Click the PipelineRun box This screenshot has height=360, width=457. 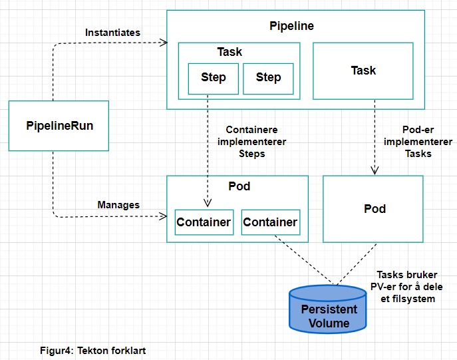click(x=59, y=125)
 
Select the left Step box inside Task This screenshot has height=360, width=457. click(x=213, y=78)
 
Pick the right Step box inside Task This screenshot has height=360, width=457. click(x=268, y=78)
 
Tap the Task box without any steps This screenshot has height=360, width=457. click(x=363, y=71)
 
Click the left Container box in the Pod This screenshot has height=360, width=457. click(x=204, y=222)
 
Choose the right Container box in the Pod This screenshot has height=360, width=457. click(x=270, y=222)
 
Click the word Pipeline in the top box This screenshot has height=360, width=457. click(x=291, y=27)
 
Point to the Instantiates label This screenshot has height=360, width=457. click(x=112, y=33)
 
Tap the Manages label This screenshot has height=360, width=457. click(x=118, y=205)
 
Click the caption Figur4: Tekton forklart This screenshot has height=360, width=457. click(x=93, y=350)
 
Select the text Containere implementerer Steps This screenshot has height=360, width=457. click(x=252, y=142)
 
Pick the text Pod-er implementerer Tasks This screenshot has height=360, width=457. click(x=418, y=142)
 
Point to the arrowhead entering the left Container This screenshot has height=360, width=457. click(x=208, y=204)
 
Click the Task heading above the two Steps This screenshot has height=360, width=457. click(x=229, y=52)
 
